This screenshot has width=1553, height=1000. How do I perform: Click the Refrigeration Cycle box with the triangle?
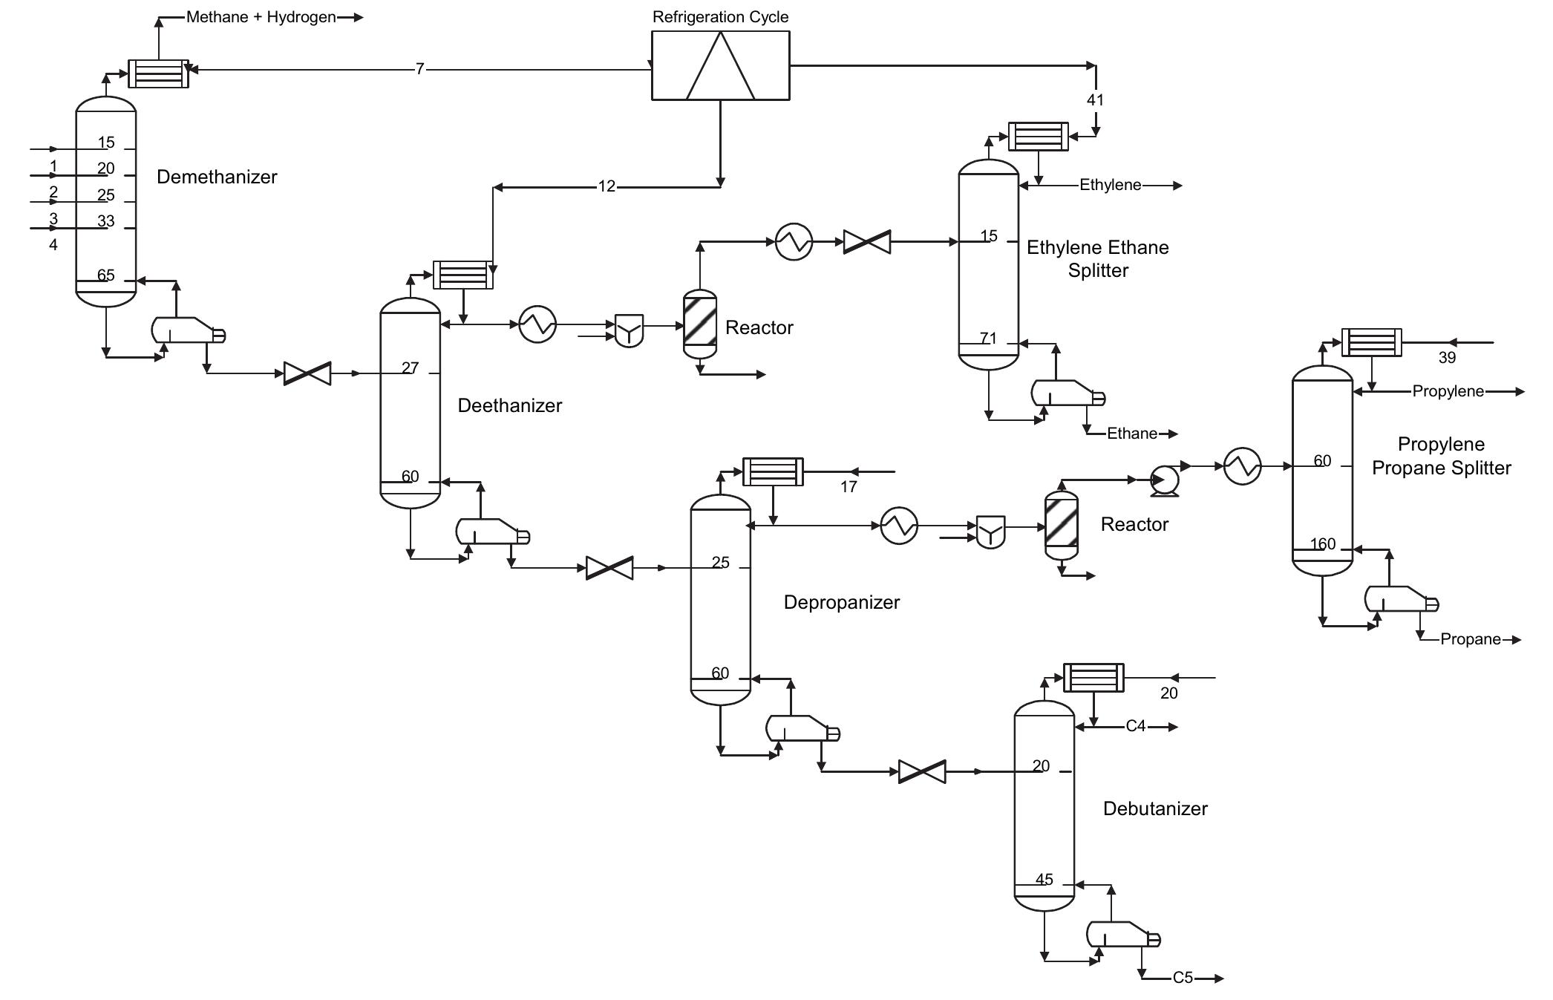tap(720, 65)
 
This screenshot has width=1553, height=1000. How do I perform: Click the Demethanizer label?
tap(217, 177)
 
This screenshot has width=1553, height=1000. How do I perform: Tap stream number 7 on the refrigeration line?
tap(419, 69)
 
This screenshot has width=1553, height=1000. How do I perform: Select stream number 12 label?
tap(607, 186)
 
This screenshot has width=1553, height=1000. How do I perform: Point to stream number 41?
tap(1095, 99)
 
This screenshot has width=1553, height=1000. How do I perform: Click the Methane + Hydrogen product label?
tap(261, 17)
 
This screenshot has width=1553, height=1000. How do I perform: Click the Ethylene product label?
tap(1110, 185)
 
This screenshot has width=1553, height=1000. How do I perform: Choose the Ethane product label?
tap(1131, 434)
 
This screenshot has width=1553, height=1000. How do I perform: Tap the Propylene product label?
tap(1448, 391)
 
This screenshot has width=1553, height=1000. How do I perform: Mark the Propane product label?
tap(1470, 639)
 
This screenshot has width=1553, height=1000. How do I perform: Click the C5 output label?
tap(1183, 978)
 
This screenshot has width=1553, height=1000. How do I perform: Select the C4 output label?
tap(1136, 726)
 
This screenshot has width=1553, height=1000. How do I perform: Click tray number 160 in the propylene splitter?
tap(1323, 543)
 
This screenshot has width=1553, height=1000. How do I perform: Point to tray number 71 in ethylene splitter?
tap(988, 338)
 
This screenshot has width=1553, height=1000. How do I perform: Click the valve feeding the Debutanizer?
tap(922, 771)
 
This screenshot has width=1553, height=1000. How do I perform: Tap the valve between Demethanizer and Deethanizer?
tap(307, 373)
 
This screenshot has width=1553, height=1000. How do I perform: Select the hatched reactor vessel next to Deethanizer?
tap(700, 324)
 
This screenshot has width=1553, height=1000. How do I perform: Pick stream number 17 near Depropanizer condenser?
tap(849, 486)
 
